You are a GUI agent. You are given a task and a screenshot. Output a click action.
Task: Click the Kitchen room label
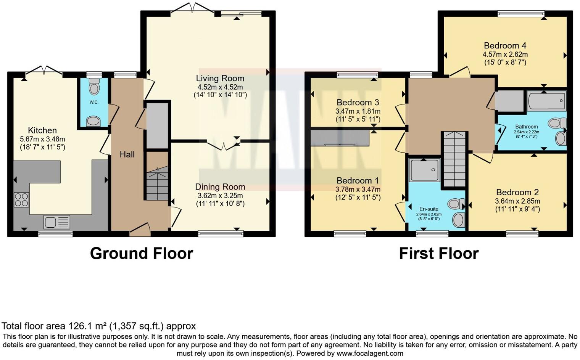point(42,130)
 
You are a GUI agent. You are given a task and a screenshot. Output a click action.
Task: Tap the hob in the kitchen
point(21,199)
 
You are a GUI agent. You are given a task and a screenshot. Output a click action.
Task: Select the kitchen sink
point(56,222)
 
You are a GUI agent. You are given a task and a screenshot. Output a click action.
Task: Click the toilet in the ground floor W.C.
point(93,87)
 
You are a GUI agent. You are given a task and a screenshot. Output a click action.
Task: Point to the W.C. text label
point(94,102)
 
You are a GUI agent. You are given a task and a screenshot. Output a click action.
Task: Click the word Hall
point(127,154)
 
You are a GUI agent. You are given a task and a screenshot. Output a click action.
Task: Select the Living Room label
point(220,79)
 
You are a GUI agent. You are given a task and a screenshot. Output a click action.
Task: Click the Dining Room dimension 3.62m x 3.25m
point(220,196)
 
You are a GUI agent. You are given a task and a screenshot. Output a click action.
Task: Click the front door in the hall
point(140,230)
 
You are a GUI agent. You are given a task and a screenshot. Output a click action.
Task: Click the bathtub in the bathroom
point(546,101)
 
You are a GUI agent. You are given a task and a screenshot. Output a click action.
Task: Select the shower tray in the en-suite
point(424,170)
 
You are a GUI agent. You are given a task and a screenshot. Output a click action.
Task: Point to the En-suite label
point(429,209)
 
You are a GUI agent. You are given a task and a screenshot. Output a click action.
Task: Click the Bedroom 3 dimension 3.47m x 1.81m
point(358,111)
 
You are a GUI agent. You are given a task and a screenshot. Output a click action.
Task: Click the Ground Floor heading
point(141,254)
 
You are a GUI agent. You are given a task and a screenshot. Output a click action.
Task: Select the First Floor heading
point(438,254)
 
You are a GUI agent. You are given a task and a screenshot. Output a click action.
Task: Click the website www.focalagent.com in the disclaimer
point(370,354)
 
